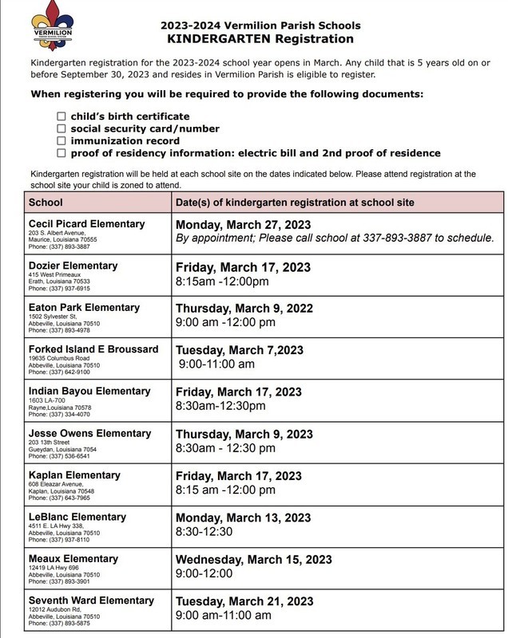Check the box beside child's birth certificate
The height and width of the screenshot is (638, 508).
coord(62,116)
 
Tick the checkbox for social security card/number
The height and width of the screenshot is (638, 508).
coord(62,128)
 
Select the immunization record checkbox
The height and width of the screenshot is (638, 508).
coord(62,140)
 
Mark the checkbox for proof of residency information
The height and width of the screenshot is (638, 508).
coord(62,152)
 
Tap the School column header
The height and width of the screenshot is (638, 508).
coord(46,203)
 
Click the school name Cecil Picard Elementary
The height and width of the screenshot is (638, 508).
coord(86,224)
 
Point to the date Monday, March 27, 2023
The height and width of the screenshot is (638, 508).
coord(243,225)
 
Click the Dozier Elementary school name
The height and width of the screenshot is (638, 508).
coord(73,266)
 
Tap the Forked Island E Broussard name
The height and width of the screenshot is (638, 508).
coord(93,349)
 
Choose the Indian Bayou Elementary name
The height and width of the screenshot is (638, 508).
coord(89,392)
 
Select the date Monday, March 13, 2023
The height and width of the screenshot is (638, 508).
coord(243,518)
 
